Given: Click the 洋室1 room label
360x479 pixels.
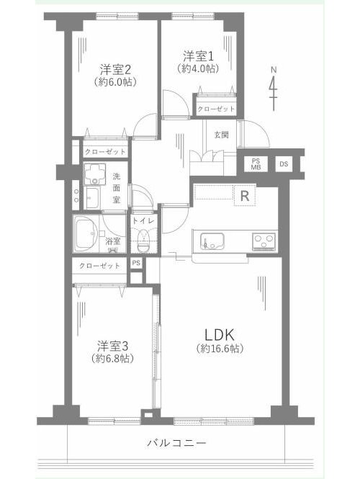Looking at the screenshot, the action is tap(198, 57).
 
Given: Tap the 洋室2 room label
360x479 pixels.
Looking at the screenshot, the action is tap(115, 70).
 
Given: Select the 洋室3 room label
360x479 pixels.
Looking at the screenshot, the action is tap(112, 346).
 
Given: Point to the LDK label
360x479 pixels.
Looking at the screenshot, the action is tap(220, 335).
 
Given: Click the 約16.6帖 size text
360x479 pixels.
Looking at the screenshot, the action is tap(220, 348).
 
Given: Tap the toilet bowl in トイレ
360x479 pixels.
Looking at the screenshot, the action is tap(143, 241).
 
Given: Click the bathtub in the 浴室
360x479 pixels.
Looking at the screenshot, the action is tap(86, 233).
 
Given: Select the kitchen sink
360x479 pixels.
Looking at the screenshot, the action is tap(212, 241).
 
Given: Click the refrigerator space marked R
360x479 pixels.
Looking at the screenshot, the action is tap(245, 195).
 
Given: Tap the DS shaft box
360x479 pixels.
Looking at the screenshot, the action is tap(284, 164).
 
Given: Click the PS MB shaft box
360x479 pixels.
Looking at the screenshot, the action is tap(256, 164).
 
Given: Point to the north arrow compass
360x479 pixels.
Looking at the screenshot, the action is tap(274, 89).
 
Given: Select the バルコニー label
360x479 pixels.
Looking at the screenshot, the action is tap(177, 443).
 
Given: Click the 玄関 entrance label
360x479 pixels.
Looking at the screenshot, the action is tap(221, 135).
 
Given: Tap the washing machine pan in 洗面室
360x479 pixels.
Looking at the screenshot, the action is tap(94, 174).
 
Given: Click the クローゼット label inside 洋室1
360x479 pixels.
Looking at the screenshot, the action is tap(216, 109).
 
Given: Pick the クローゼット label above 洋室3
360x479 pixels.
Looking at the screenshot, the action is tap(99, 266).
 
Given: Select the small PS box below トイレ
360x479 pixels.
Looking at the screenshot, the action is tap(136, 263).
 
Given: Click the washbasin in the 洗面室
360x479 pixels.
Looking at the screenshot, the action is tap(92, 197).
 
